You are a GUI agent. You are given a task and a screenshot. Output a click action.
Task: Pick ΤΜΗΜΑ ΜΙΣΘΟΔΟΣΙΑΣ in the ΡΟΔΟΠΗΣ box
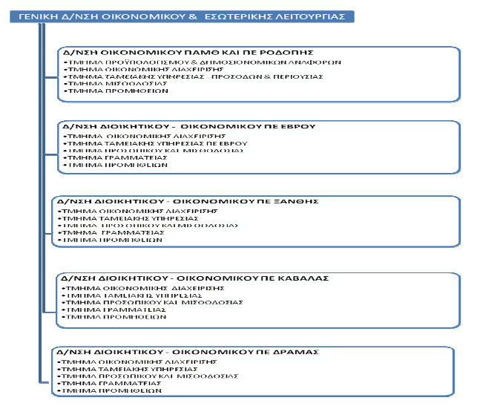pyautogui.click(x=105, y=84)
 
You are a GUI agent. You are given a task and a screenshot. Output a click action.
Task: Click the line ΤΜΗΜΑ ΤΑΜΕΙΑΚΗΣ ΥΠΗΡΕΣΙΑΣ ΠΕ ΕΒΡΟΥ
pyautogui.click(x=134, y=143)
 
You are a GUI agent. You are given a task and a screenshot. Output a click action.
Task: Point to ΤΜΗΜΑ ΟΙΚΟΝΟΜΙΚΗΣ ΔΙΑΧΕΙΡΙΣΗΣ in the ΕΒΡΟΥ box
pyautogui.click(x=130, y=136)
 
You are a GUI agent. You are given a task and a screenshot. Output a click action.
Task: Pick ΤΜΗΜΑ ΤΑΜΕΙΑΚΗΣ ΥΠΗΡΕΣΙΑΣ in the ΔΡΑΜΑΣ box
pyautogui.click(x=119, y=368)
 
